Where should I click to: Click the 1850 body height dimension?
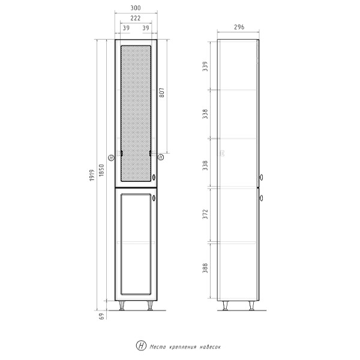102,170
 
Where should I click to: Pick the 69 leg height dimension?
102,317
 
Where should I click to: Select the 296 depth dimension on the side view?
238,27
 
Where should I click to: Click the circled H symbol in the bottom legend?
141,346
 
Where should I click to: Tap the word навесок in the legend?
213,346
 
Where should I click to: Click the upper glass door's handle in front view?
154,177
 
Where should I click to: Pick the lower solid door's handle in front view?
154,198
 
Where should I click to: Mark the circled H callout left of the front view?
111,157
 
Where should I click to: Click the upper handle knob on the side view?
262,177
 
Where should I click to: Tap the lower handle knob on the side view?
262,197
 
